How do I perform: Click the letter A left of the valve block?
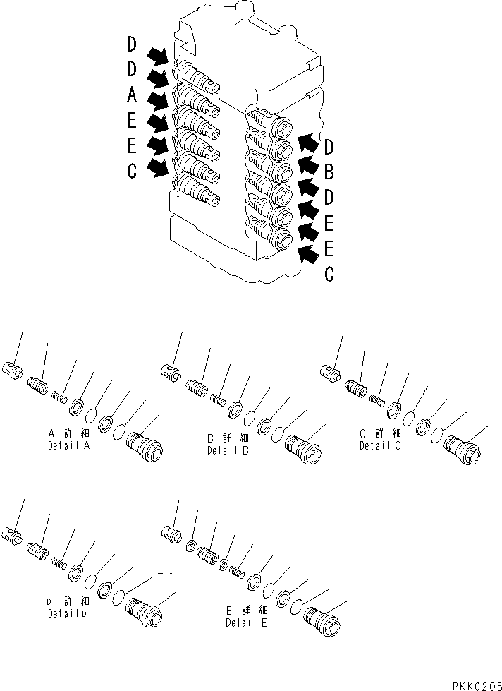click(132, 94)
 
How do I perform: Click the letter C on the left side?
click(132, 172)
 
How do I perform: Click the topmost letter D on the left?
click(132, 44)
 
